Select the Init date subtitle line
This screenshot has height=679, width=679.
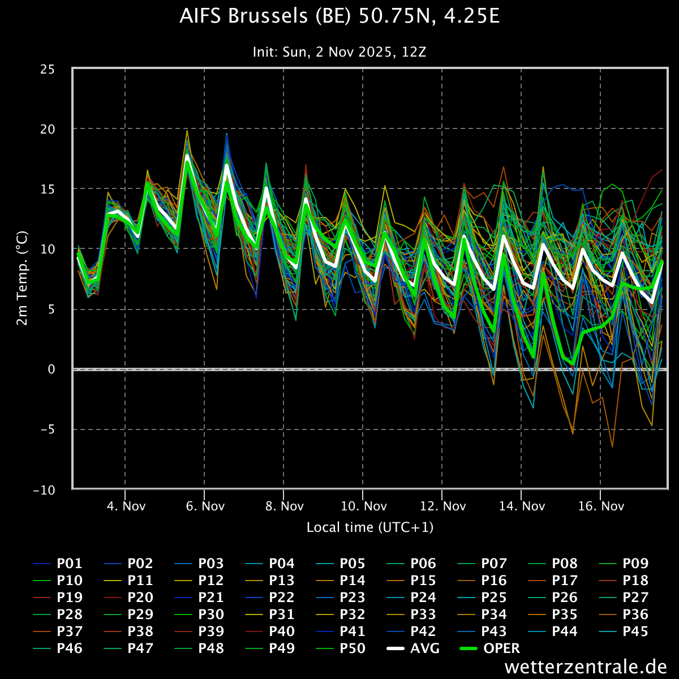pyautogui.click(x=339, y=52)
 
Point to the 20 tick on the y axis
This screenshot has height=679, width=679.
pyautogui.click(x=48, y=130)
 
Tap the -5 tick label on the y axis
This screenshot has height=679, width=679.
pyautogui.click(x=48, y=429)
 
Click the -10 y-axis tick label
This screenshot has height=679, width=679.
pyautogui.click(x=44, y=490)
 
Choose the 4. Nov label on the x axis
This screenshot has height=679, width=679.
pyautogui.click(x=126, y=506)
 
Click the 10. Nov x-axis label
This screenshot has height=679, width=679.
pyautogui.click(x=364, y=506)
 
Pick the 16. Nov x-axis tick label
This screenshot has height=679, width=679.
pyautogui.click(x=601, y=506)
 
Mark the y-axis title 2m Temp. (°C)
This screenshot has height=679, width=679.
pyautogui.click(x=22, y=278)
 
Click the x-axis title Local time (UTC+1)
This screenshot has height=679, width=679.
pyautogui.click(x=370, y=527)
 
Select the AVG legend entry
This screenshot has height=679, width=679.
pyautogui.click(x=413, y=648)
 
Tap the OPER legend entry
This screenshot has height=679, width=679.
pyautogui.click(x=490, y=648)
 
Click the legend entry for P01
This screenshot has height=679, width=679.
pyautogui.click(x=58, y=564)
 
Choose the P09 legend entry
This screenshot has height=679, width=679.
pyautogui.click(x=624, y=564)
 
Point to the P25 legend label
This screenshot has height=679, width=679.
pyautogui.click(x=482, y=598)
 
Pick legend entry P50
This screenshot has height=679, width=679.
pyautogui.click(x=341, y=648)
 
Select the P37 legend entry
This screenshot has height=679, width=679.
pyautogui.click(x=58, y=631)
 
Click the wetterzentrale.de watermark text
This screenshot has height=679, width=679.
pyautogui.click(x=586, y=667)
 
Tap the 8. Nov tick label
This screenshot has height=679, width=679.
pyautogui.click(x=285, y=506)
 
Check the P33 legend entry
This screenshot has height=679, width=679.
pyautogui.click(x=411, y=614)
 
